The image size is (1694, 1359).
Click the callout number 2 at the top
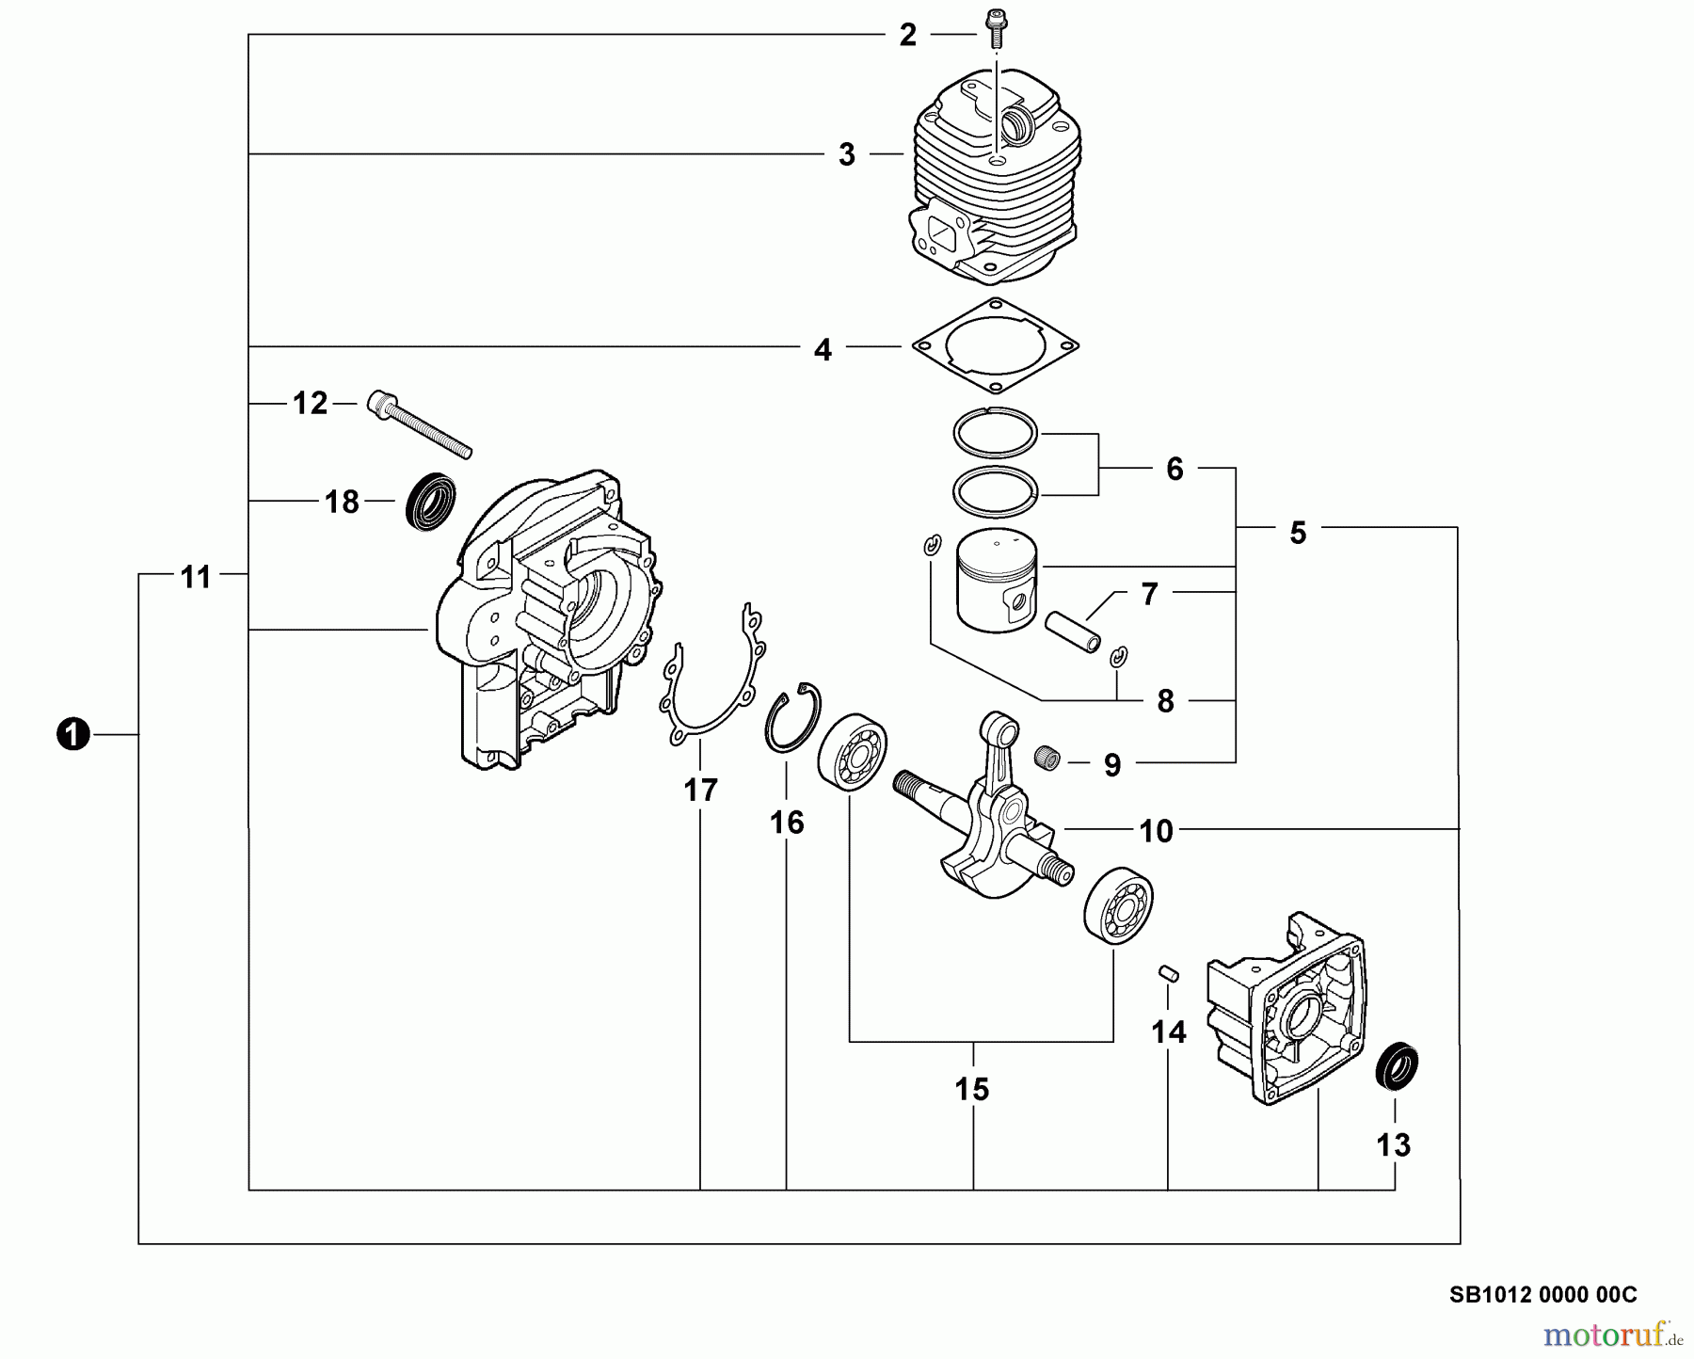pos(907,36)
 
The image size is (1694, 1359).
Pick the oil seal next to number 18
pos(431,501)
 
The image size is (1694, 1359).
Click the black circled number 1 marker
pos(72,734)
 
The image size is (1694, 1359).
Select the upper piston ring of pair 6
pos(995,434)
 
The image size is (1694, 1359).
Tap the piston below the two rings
pos(996,584)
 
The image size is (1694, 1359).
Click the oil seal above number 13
pos(1398,1068)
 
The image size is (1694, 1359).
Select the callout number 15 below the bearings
pos(972,1090)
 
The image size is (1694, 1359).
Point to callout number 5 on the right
pos(1298,534)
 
